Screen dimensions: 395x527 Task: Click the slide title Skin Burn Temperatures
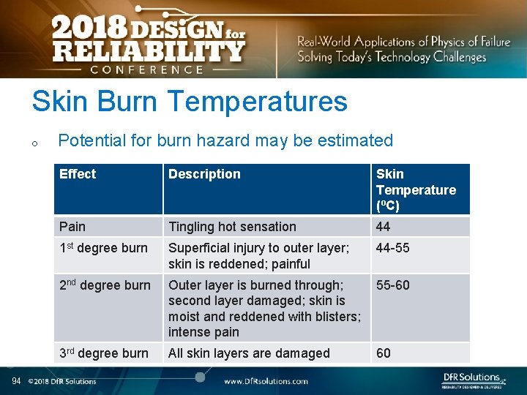(189, 102)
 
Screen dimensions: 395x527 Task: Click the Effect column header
(78, 174)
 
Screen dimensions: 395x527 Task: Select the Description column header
(204, 174)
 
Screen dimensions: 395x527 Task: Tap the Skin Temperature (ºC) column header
(416, 189)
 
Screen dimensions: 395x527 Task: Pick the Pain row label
(72, 227)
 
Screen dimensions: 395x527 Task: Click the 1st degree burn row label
(105, 248)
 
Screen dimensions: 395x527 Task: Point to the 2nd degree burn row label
(105, 285)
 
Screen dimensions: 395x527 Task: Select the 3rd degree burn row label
(105, 353)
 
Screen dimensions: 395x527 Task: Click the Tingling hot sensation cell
(232, 227)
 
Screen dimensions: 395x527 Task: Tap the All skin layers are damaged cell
(249, 353)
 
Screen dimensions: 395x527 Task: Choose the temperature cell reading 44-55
(393, 248)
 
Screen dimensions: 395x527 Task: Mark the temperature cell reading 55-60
(393, 285)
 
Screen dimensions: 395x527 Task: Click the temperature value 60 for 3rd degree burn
(384, 353)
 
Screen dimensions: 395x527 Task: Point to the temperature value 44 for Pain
(384, 227)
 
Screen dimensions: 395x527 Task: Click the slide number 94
(16, 380)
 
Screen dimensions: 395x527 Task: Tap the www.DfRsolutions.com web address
(266, 381)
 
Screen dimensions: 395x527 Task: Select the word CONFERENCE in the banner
(147, 69)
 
